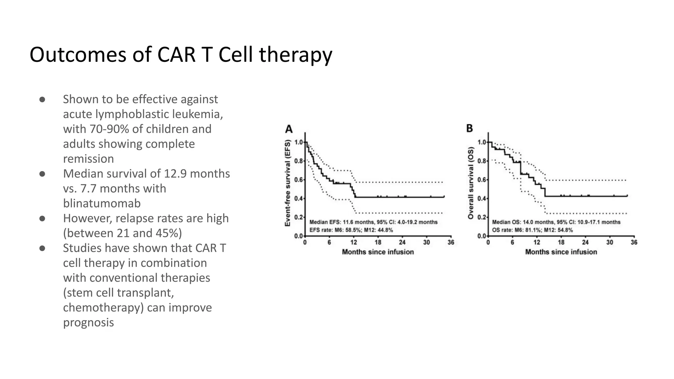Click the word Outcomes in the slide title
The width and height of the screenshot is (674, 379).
tap(78, 55)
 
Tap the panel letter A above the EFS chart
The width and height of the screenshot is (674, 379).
tap(289, 129)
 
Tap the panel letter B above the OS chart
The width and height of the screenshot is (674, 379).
tap(470, 128)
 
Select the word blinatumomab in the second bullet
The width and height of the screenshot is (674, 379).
tap(102, 203)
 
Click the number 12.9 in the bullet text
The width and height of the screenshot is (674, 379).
tap(175, 173)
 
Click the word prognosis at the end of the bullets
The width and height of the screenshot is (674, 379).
tap(88, 322)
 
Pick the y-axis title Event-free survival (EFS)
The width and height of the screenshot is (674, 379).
tap(288, 183)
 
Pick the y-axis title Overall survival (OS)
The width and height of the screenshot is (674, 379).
tap(471, 183)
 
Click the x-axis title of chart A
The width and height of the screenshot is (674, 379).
tap(378, 252)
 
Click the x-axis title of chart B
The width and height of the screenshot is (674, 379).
tap(561, 252)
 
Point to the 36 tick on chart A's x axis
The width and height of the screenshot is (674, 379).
tap(451, 242)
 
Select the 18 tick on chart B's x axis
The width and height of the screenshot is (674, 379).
tap(561, 242)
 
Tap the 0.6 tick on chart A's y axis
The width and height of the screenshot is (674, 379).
tap(298, 180)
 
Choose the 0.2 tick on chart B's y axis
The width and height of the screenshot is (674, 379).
tap(481, 217)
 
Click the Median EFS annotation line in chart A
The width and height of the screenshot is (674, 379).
tap(373, 222)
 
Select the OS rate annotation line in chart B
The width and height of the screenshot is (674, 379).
tap(532, 230)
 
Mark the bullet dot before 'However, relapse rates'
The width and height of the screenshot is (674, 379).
tap(42, 218)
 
